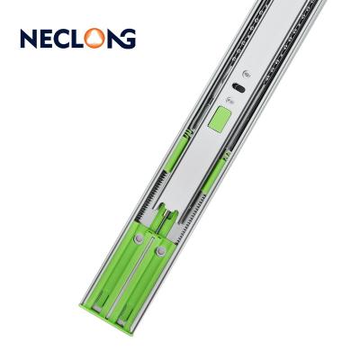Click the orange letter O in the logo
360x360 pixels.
(x=94, y=39)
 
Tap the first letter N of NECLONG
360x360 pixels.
(x=29, y=39)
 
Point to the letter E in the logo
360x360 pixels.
(x=46, y=39)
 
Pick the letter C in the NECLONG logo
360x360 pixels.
(x=62, y=39)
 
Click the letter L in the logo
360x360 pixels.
(x=76, y=39)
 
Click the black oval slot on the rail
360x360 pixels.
(x=238, y=87)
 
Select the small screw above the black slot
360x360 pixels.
(x=247, y=73)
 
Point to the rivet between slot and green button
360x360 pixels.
(x=230, y=101)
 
